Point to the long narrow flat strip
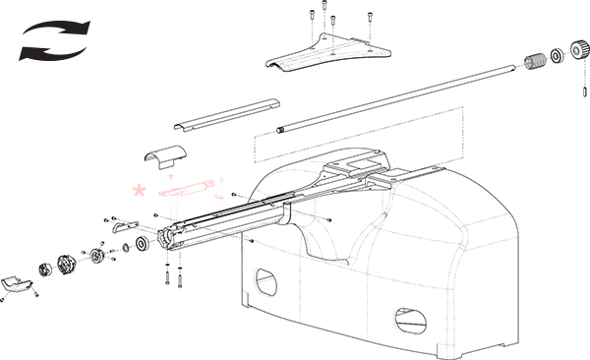(226, 113)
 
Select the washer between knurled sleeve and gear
(558, 55)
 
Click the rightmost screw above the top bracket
(370, 18)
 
